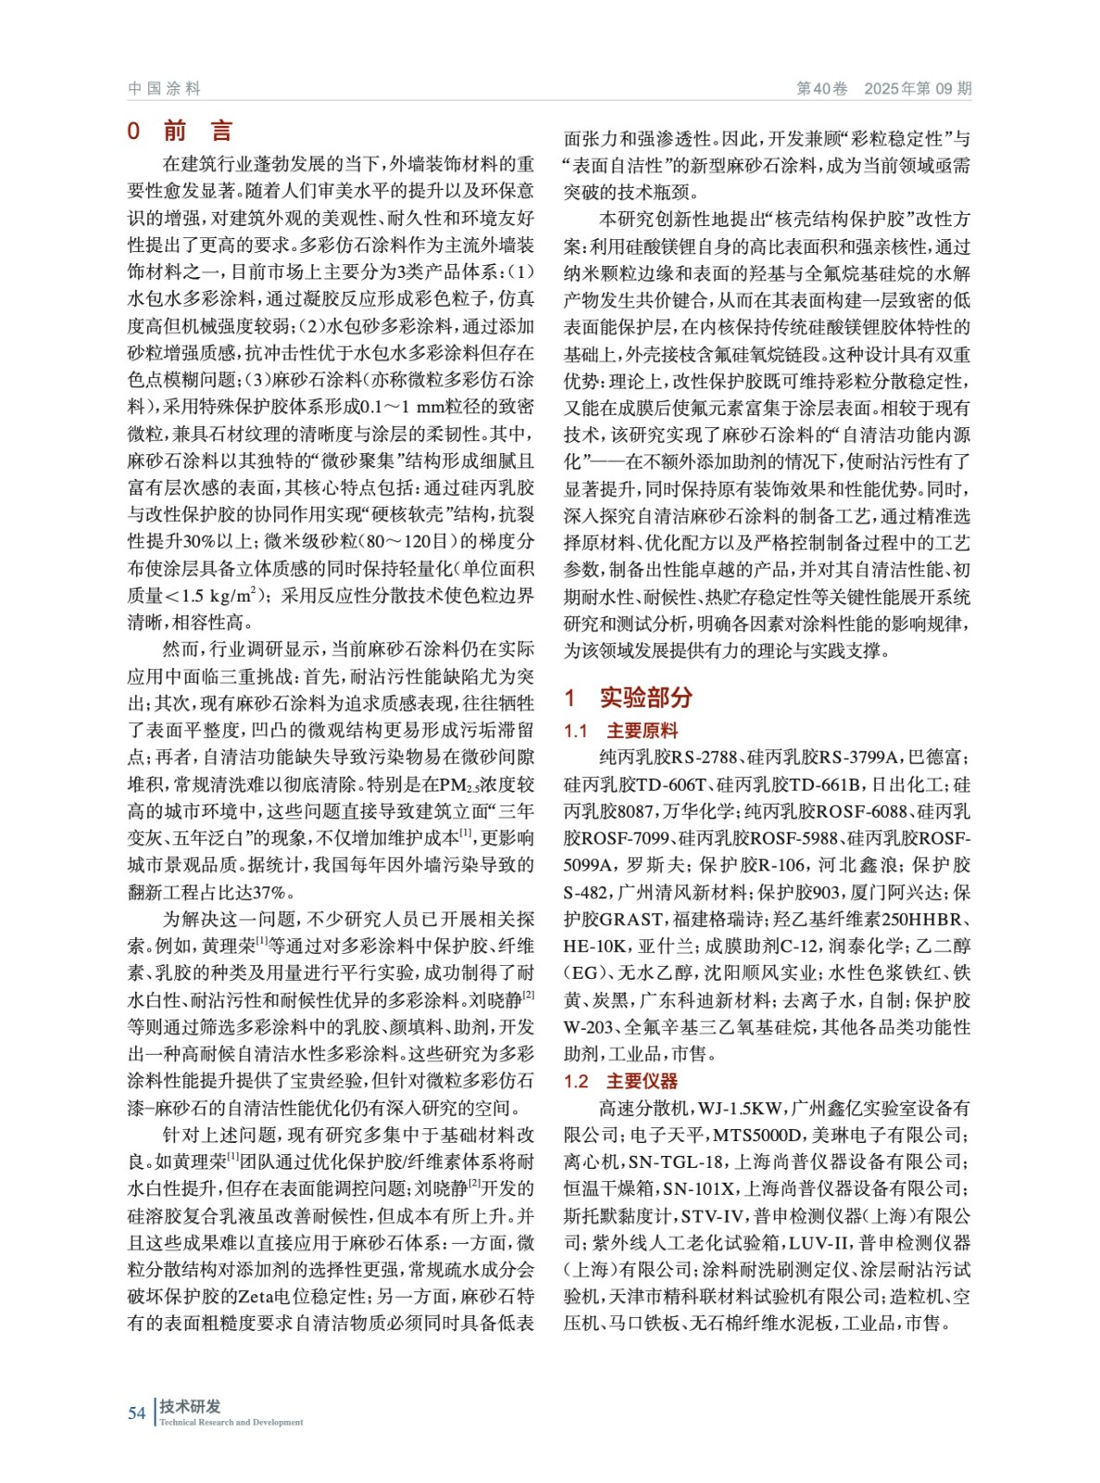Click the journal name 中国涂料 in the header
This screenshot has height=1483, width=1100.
click(164, 89)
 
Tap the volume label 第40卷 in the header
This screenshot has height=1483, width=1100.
click(822, 89)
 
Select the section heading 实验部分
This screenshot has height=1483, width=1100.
click(645, 698)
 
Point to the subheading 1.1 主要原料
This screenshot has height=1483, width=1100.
click(621, 731)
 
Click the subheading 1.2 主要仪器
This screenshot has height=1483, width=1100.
click(621, 1082)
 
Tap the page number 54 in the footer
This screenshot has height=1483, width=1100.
click(136, 1413)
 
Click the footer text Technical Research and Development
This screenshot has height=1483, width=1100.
click(231, 1423)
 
